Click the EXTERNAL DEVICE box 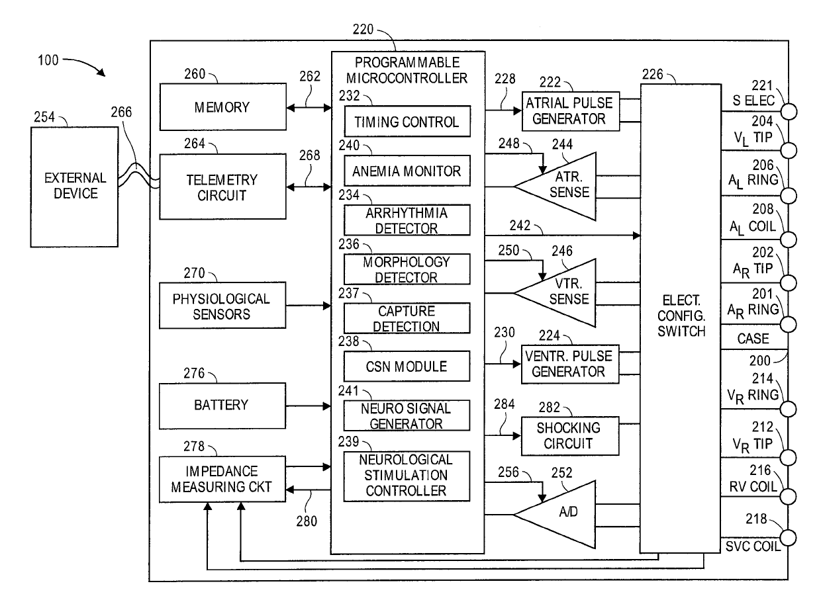coord(74,187)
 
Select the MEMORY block coord(223,107)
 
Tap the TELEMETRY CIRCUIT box coord(223,187)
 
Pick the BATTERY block coord(222,406)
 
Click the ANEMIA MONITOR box coord(407,171)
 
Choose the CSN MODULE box coord(407,366)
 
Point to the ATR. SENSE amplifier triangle coord(555,187)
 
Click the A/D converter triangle coord(555,515)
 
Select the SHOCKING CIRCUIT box coord(570,436)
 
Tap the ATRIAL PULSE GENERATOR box coord(571,111)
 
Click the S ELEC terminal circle coord(789,111)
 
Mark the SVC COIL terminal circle coord(788,538)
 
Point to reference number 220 coord(363,29)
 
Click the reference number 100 coord(48,60)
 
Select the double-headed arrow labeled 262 coord(309,108)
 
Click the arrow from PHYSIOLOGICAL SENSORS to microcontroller coord(309,306)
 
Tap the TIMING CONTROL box coord(408,122)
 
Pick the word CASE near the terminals coord(753,339)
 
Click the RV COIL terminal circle coord(788,497)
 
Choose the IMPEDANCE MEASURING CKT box coord(222,479)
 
